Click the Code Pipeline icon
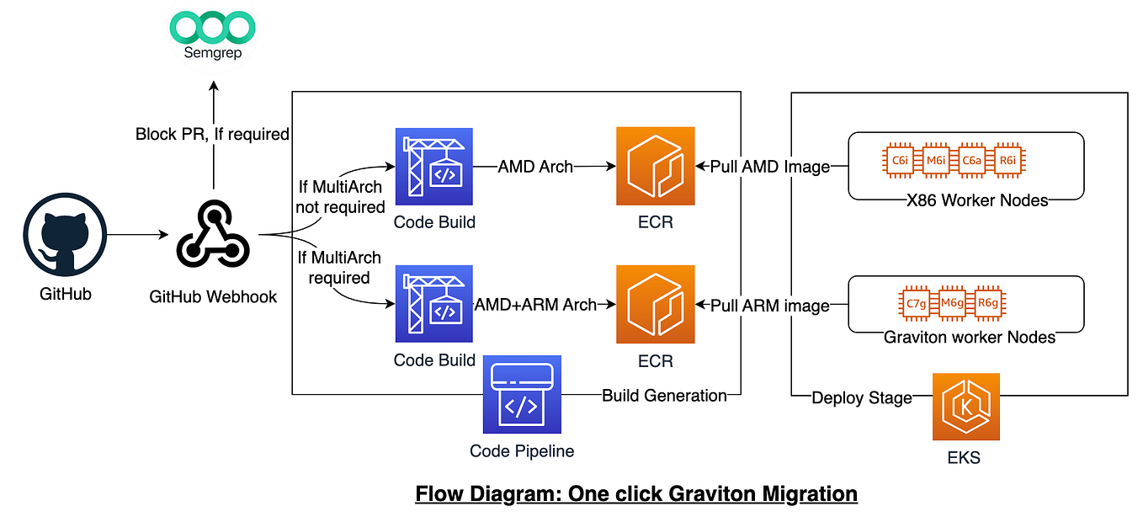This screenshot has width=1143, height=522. pyautogui.click(x=522, y=394)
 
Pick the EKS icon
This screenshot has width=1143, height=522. pyautogui.click(x=965, y=407)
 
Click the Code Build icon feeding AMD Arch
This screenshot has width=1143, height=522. pyautogui.click(x=434, y=167)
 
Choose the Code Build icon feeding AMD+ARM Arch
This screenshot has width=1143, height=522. pyautogui.click(x=434, y=304)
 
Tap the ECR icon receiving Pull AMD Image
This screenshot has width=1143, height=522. pyautogui.click(x=655, y=167)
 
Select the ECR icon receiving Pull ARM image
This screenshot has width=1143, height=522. pyautogui.click(x=655, y=304)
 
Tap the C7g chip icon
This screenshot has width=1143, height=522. pyautogui.click(x=916, y=304)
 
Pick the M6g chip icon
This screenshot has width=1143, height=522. pyautogui.click(x=951, y=304)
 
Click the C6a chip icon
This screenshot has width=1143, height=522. pyautogui.click(x=970, y=161)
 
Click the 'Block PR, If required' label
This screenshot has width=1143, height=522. pyautogui.click(x=212, y=134)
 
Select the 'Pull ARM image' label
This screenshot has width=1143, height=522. pyautogui.click(x=770, y=306)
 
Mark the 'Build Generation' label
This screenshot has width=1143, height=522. pyautogui.click(x=664, y=395)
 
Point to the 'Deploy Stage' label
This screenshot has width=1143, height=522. pyautogui.click(x=861, y=397)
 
